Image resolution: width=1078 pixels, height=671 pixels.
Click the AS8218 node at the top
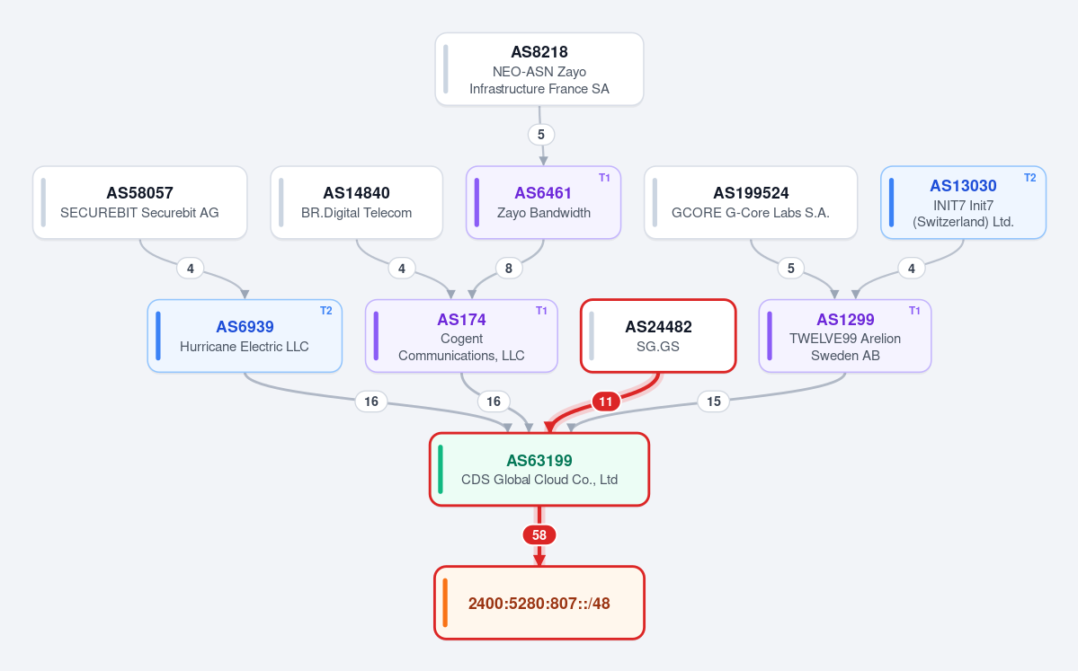point(539,69)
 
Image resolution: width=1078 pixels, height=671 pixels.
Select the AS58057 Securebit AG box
point(139,203)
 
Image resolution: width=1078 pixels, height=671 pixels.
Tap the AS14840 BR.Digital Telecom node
point(356,203)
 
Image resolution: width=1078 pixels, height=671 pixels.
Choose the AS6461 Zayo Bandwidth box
point(543,203)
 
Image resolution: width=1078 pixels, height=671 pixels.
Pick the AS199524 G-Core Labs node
point(751,203)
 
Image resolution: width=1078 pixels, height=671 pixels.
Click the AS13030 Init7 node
point(963,203)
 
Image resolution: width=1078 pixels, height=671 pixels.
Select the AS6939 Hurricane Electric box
point(245,336)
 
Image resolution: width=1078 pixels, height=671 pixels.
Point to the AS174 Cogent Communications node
point(461,336)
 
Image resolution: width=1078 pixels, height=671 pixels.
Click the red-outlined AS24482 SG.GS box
point(658,336)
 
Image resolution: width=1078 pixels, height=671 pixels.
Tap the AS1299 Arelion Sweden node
point(845,336)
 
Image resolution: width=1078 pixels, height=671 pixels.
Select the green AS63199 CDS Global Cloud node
point(539,469)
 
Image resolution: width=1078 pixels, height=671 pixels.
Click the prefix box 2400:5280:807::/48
point(539,603)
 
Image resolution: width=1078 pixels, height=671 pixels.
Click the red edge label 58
point(539,535)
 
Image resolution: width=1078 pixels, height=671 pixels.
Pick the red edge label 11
point(606,402)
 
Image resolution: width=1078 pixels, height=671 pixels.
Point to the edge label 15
point(714,402)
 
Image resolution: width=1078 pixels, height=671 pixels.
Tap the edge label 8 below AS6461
point(509,268)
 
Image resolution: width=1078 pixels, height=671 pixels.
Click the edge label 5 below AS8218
point(541,135)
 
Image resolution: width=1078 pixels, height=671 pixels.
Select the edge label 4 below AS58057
point(191,268)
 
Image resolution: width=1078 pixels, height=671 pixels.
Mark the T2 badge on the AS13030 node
point(1029,178)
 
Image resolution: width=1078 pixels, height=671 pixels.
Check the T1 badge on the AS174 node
point(542,311)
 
